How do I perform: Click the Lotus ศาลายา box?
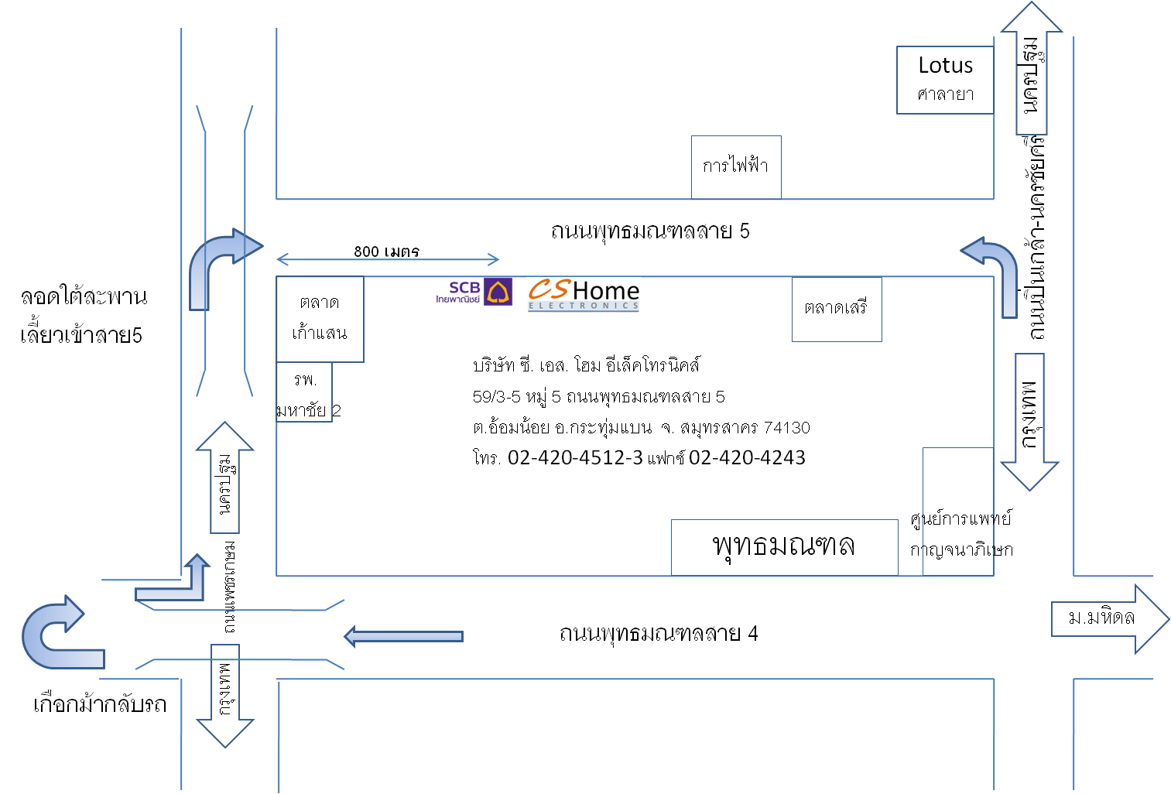click(945, 80)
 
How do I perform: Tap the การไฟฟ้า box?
click(735, 167)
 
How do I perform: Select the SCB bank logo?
click(474, 293)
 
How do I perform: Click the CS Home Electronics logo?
click(584, 295)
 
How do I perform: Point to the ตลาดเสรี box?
click(836, 309)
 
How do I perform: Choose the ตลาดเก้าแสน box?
click(320, 319)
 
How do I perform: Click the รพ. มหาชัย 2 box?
click(305, 392)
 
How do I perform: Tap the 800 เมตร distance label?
click(386, 252)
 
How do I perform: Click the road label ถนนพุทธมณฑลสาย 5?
click(649, 231)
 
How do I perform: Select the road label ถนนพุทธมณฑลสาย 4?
click(658, 634)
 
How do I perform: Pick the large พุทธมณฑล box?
click(783, 546)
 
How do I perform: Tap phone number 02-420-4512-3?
click(575, 458)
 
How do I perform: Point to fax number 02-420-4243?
click(747, 458)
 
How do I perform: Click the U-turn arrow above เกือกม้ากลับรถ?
click(59, 634)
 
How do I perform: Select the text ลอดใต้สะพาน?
click(84, 297)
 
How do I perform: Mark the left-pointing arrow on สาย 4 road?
click(403, 636)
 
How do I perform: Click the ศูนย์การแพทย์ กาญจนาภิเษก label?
click(960, 534)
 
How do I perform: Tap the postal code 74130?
click(786, 428)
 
